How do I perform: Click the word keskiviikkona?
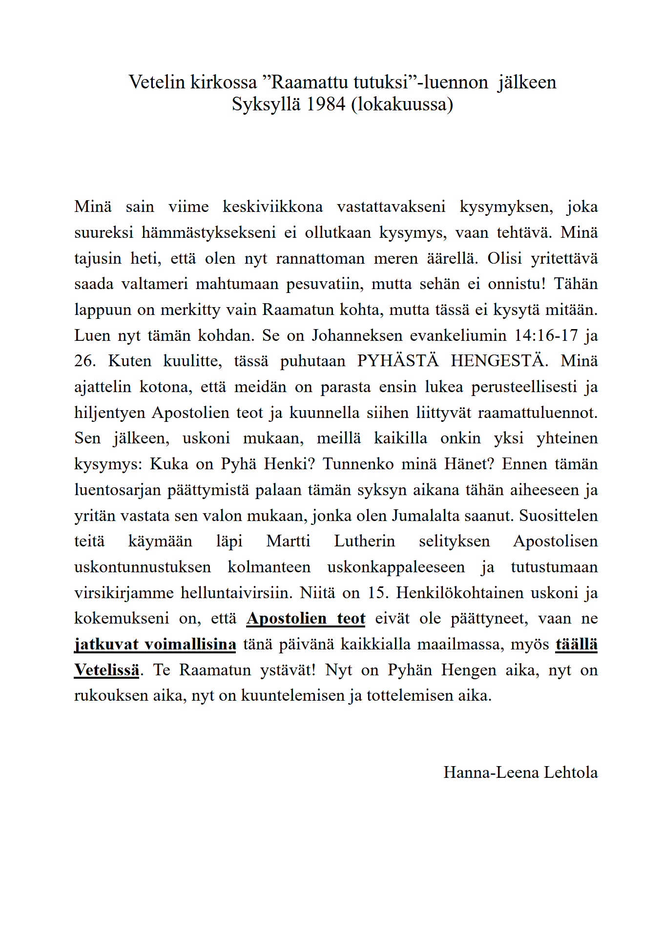click(x=272, y=207)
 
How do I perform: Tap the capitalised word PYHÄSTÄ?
click(x=398, y=361)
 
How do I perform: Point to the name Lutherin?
click(x=364, y=541)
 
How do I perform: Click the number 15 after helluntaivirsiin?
click(x=376, y=593)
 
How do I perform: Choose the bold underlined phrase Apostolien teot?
click(x=306, y=619)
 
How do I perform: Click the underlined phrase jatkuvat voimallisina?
click(x=155, y=645)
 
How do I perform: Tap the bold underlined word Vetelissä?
click(x=106, y=670)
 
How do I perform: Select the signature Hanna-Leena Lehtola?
click(x=520, y=772)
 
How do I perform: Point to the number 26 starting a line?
click(x=84, y=361)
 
